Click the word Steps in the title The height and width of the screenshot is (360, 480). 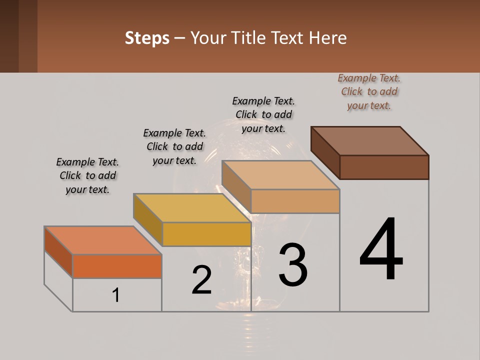[x=147, y=38]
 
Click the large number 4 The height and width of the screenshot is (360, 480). [x=381, y=249]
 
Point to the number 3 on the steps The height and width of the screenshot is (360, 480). [x=293, y=264]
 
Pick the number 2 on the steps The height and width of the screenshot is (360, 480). [x=202, y=280]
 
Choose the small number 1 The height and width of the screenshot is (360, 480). [x=116, y=295]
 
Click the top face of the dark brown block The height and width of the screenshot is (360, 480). [x=370, y=140]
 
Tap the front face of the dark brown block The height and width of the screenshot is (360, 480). [x=384, y=167]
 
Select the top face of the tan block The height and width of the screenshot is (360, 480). [x=280, y=175]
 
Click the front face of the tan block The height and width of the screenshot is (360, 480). [x=295, y=201]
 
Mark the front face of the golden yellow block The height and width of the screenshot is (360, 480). [x=206, y=234]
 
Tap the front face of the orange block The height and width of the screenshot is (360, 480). [x=117, y=266]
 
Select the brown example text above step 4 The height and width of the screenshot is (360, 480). [x=369, y=92]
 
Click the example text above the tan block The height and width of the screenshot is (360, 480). [x=263, y=114]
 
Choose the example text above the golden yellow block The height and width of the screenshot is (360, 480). [x=174, y=146]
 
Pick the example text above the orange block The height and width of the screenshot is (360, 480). [x=87, y=175]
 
